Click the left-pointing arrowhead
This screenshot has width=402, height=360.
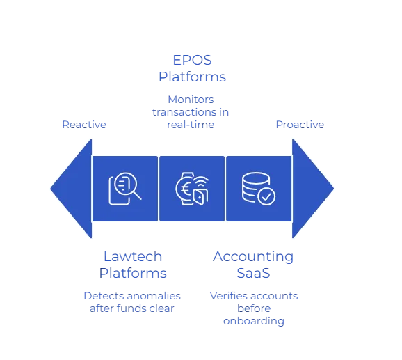70,188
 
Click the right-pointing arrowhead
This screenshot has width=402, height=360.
312,188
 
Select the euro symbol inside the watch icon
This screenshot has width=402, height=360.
187,187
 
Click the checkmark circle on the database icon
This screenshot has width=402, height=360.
266,196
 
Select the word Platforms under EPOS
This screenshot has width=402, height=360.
191,75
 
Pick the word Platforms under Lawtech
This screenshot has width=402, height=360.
134,272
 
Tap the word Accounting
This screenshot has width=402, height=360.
252,255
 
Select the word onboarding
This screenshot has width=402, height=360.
255,322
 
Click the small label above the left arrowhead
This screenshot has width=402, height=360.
86,125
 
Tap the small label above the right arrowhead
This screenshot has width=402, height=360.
300,125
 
